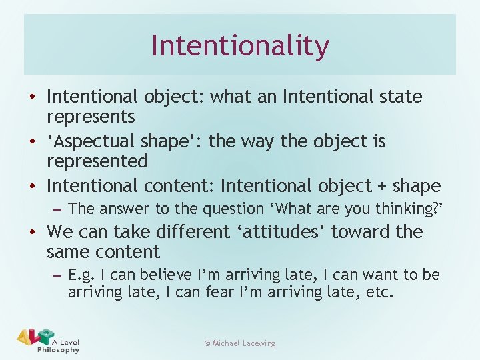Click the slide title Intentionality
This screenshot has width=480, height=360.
click(x=240, y=45)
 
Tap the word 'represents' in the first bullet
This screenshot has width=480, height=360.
click(x=91, y=117)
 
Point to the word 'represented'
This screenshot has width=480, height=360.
click(x=97, y=161)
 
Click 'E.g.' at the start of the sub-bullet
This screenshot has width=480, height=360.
click(x=83, y=275)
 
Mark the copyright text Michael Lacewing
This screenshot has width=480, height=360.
click(x=239, y=343)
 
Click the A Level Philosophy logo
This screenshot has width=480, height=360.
click(x=48, y=341)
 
